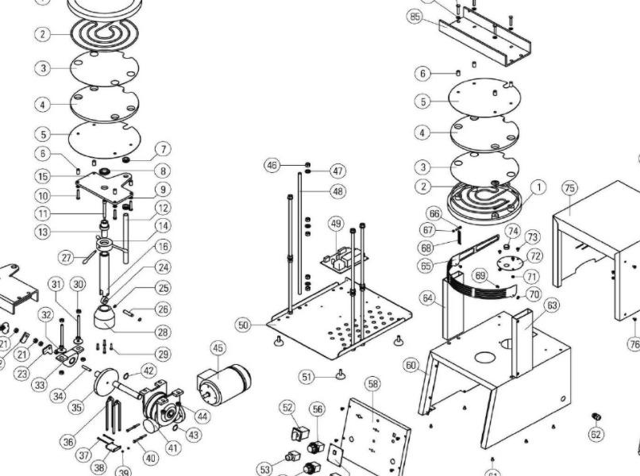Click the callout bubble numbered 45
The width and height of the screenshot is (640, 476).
click(x=218, y=347)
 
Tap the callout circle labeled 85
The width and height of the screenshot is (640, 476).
click(x=415, y=16)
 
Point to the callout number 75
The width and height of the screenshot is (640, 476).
click(x=569, y=187)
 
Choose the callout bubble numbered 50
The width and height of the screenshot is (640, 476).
click(x=243, y=324)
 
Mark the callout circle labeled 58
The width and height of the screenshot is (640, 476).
click(x=373, y=383)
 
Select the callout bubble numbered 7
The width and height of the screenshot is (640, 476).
click(x=162, y=148)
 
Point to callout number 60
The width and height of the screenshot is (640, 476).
click(x=411, y=365)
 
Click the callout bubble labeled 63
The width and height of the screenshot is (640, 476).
click(x=551, y=305)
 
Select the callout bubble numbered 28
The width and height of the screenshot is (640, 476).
click(x=162, y=332)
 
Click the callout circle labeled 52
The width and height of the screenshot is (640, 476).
click(x=287, y=407)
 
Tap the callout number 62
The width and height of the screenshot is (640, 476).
click(x=596, y=434)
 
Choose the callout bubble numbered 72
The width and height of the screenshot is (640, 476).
click(x=534, y=256)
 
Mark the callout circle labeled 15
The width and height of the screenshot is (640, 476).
click(x=43, y=175)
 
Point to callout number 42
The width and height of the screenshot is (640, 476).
click(x=149, y=370)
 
